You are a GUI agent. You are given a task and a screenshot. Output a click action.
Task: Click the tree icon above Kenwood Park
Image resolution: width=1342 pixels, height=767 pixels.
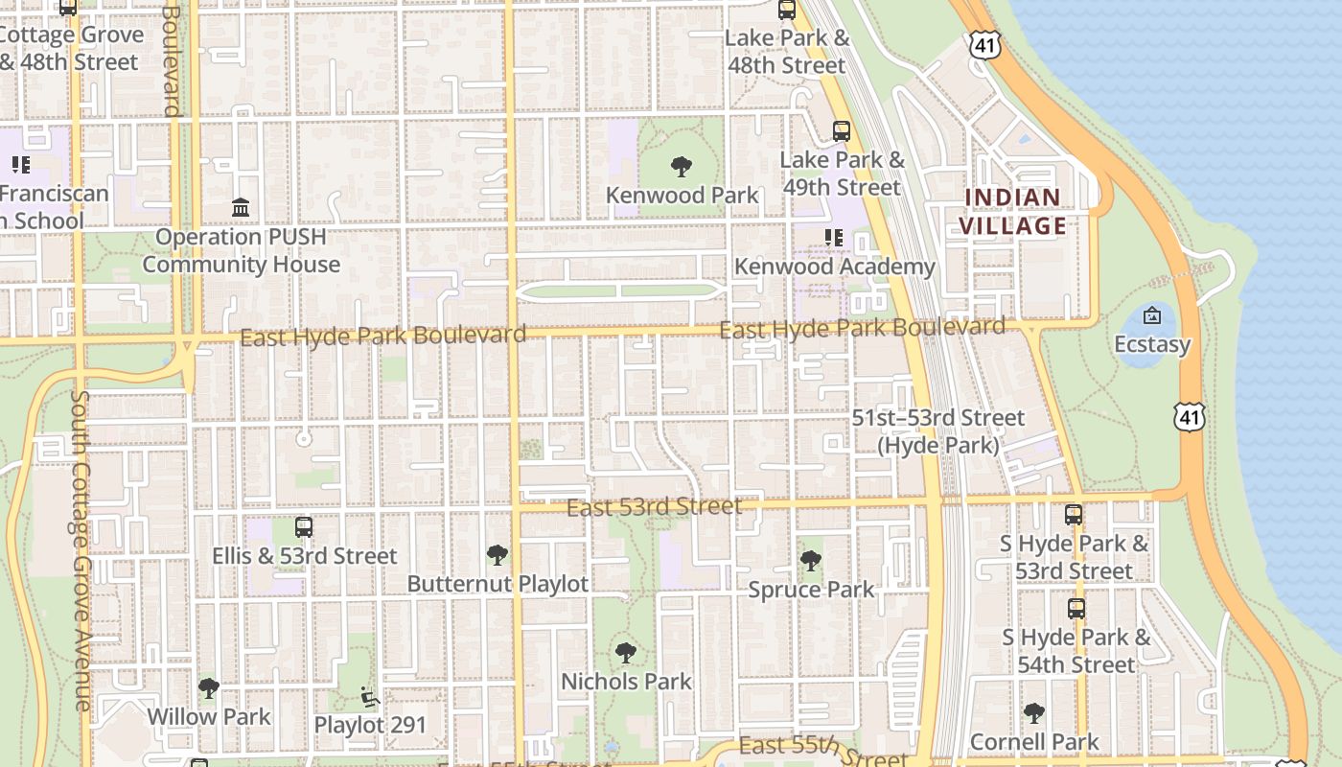pyautogui.click(x=682, y=167)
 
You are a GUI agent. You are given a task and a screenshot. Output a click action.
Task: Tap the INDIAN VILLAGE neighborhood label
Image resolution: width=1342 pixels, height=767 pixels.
pyautogui.click(x=1014, y=212)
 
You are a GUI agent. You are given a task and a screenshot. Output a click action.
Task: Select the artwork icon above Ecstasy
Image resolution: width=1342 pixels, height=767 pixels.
pyautogui.click(x=1152, y=315)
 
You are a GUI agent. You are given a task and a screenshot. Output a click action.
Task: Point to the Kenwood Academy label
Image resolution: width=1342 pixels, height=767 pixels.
pyautogui.click(x=834, y=267)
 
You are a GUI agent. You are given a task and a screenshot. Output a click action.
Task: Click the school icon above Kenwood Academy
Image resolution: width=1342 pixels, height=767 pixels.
pyautogui.click(x=833, y=237)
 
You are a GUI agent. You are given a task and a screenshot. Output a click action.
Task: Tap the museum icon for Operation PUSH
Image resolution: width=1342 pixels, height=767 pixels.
pyautogui.click(x=241, y=208)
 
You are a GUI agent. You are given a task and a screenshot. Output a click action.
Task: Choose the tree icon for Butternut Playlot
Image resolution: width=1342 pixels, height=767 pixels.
pyautogui.click(x=497, y=554)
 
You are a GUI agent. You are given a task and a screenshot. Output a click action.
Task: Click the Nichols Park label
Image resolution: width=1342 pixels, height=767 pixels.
pyautogui.click(x=626, y=682)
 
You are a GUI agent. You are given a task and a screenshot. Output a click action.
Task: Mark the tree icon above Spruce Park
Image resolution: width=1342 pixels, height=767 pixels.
pyautogui.click(x=811, y=560)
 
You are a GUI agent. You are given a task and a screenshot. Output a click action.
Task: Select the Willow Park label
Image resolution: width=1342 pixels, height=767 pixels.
pyautogui.click(x=209, y=716)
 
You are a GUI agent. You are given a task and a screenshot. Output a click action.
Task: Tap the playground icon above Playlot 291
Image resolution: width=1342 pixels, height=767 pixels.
pyautogui.click(x=370, y=696)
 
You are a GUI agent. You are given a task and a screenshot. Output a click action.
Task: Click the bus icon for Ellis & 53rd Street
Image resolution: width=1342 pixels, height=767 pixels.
pyautogui.click(x=304, y=526)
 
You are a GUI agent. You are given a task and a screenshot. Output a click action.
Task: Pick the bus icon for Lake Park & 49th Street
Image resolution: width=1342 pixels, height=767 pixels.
pyautogui.click(x=842, y=131)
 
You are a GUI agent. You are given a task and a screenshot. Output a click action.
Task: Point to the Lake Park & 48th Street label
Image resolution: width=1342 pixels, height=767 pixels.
pyautogui.click(x=787, y=52)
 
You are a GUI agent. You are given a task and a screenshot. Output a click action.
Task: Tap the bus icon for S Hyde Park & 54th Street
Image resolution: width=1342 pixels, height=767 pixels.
pyautogui.click(x=1076, y=608)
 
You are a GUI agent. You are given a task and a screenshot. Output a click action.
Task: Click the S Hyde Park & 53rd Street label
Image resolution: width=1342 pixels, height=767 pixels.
pyautogui.click(x=1075, y=557)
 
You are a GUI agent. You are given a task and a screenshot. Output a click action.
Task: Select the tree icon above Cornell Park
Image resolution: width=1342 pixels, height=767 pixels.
pyautogui.click(x=1033, y=712)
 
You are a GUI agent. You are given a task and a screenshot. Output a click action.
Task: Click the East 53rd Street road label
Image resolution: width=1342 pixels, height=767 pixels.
pyautogui.click(x=655, y=506)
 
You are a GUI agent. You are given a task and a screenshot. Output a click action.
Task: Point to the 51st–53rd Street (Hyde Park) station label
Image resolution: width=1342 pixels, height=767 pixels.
pyautogui.click(x=938, y=431)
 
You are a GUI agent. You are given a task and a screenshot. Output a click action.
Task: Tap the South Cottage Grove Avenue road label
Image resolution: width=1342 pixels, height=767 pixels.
pyautogui.click(x=81, y=550)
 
